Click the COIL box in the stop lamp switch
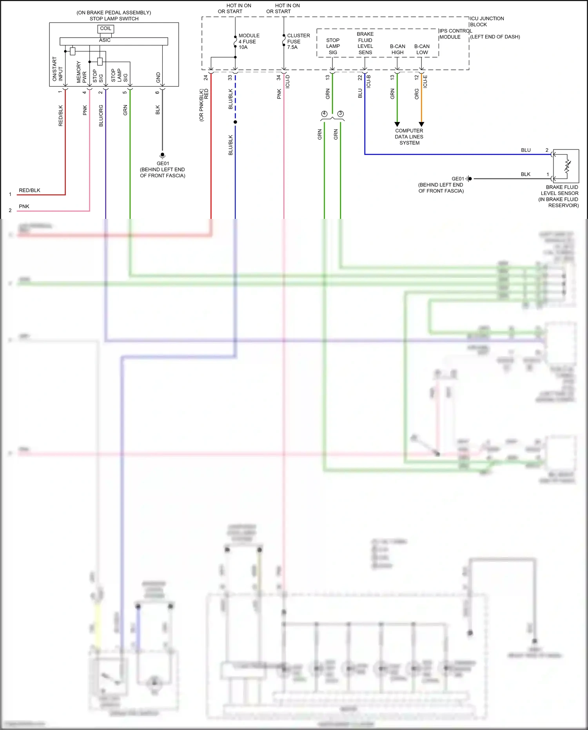coord(105,29)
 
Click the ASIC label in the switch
coord(105,40)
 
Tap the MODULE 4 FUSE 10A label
coord(249,41)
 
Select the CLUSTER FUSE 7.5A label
coord(298,41)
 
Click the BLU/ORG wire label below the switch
coord(101,115)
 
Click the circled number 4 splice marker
coord(324,114)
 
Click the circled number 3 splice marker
coord(340,114)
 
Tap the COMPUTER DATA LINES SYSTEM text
coord(409,137)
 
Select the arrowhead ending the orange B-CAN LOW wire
coord(421,124)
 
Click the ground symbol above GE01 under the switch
coord(162,155)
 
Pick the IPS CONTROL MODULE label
coord(455,34)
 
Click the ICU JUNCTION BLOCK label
coord(486,22)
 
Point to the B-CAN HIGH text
coord(397,49)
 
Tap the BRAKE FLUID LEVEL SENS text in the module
coord(365,43)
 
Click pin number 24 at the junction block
coord(205,78)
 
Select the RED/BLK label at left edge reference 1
coord(29,190)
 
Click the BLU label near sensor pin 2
coord(526,150)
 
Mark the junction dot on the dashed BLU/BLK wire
coord(235,122)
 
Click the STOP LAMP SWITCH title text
coord(114,18)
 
